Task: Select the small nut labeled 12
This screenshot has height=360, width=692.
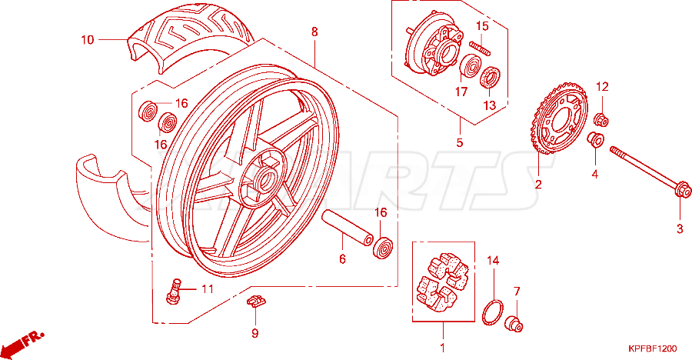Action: (601, 119)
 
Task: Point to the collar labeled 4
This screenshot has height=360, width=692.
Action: (595, 140)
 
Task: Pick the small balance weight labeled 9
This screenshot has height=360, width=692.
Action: (255, 302)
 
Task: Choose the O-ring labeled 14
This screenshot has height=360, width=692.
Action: (493, 312)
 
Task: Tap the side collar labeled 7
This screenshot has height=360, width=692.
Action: (514, 323)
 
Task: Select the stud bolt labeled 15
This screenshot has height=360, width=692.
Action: (480, 48)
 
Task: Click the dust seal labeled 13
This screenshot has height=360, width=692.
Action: (491, 78)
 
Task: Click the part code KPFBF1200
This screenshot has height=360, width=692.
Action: (652, 349)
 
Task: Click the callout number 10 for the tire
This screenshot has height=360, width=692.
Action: (88, 40)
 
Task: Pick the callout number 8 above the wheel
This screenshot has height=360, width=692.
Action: (314, 32)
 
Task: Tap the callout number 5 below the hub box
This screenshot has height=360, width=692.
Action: (460, 142)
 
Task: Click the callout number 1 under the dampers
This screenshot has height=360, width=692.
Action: (443, 348)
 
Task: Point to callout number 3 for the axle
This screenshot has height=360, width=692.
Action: (680, 228)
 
